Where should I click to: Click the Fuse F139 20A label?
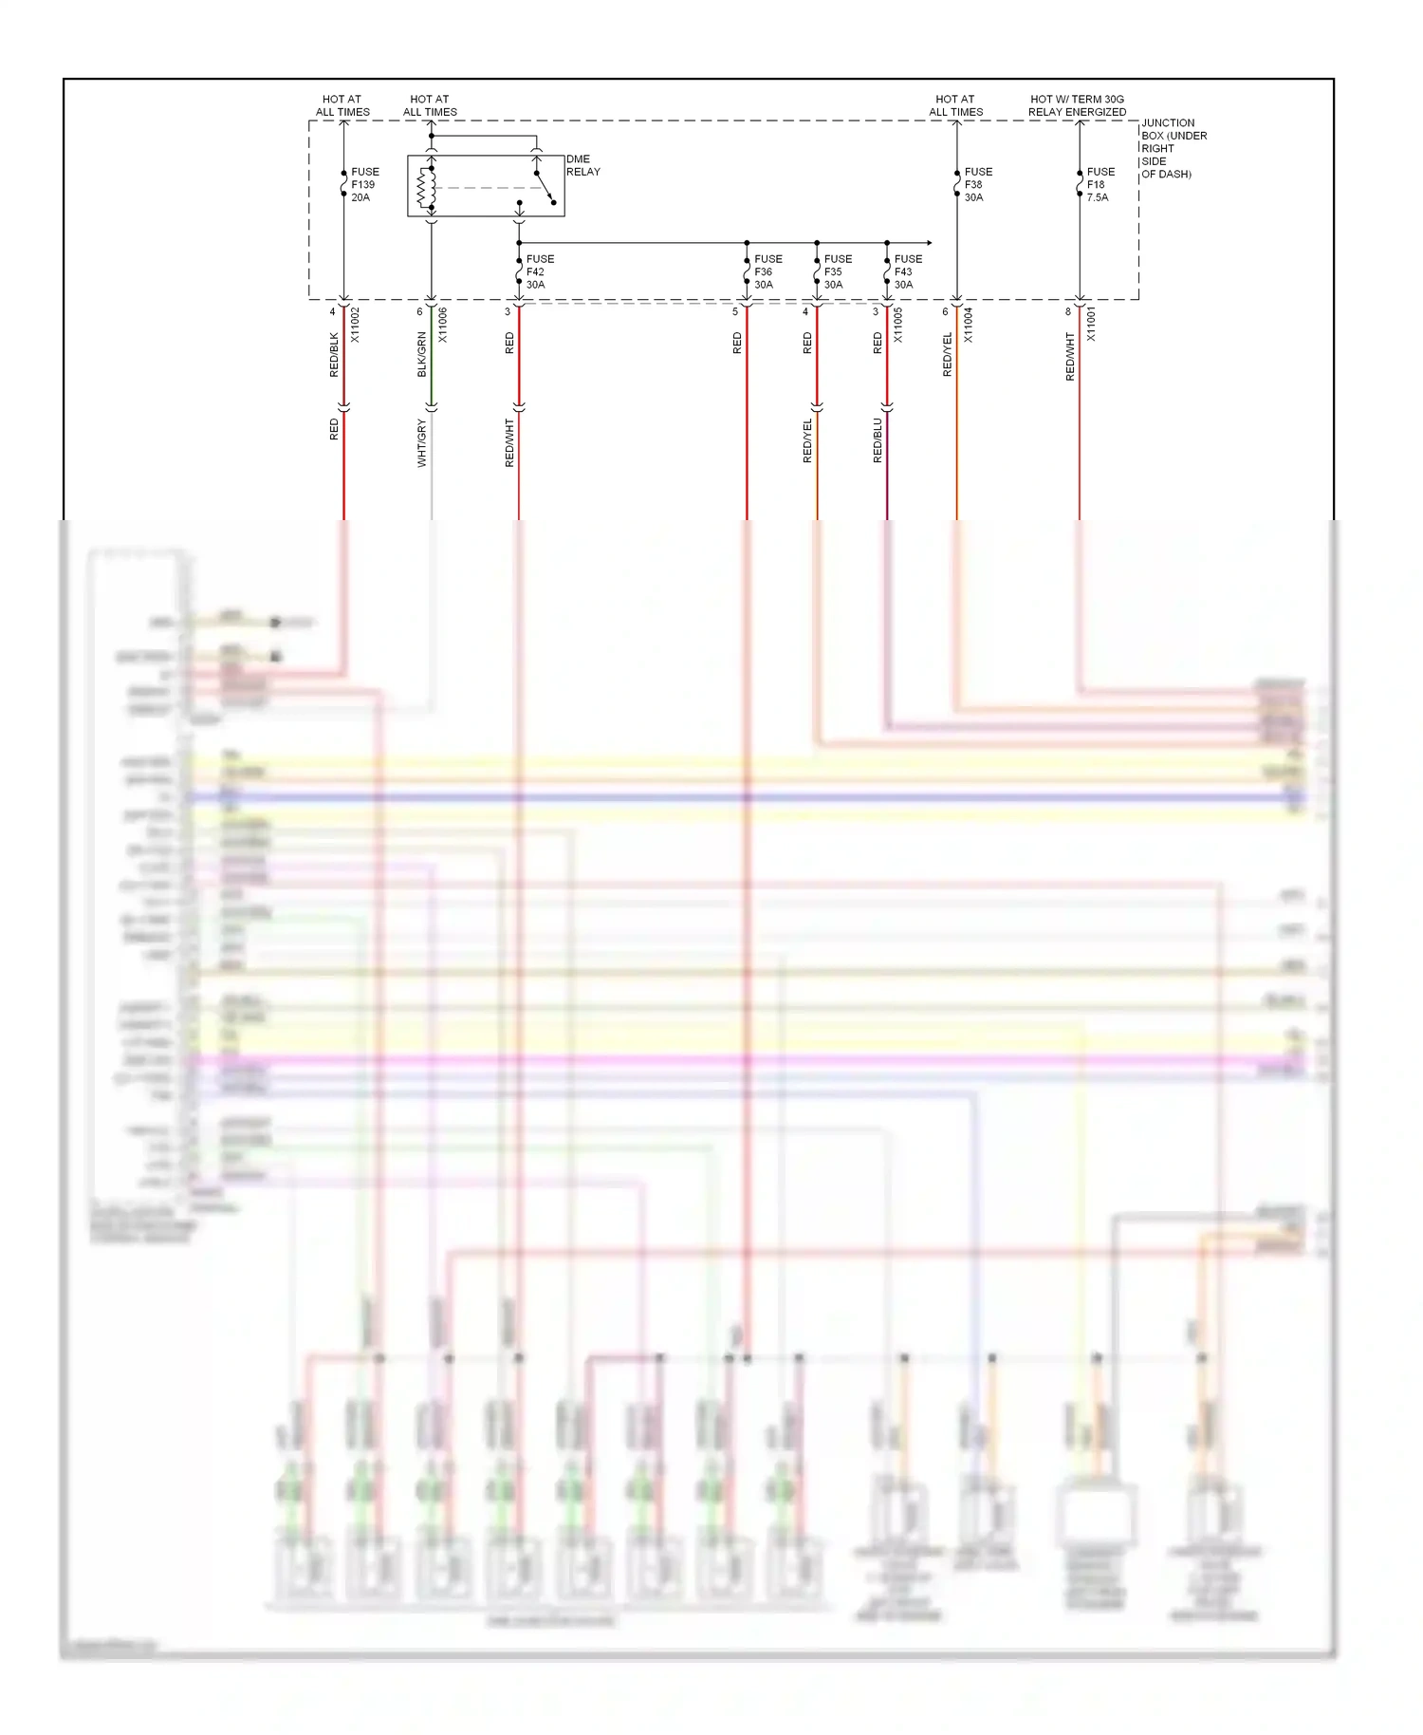[364, 185]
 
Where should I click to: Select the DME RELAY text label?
[582, 165]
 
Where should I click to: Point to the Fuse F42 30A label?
[540, 271]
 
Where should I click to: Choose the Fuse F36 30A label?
[767, 271]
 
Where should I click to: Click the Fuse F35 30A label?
[838, 271]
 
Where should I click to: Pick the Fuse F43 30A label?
[908, 271]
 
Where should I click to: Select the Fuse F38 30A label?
[978, 185]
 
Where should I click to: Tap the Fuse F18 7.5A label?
[1100, 185]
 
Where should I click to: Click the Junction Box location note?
[1174, 148]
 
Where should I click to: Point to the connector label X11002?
[355, 325]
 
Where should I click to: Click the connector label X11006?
[443, 325]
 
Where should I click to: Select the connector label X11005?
[898, 325]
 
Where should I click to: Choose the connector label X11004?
[969, 325]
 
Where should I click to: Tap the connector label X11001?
[1091, 325]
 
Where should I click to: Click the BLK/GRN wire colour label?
[422, 354]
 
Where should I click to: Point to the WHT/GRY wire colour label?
[422, 443]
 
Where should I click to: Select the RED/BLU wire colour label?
[878, 440]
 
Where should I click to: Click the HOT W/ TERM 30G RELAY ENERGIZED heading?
[1077, 105]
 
